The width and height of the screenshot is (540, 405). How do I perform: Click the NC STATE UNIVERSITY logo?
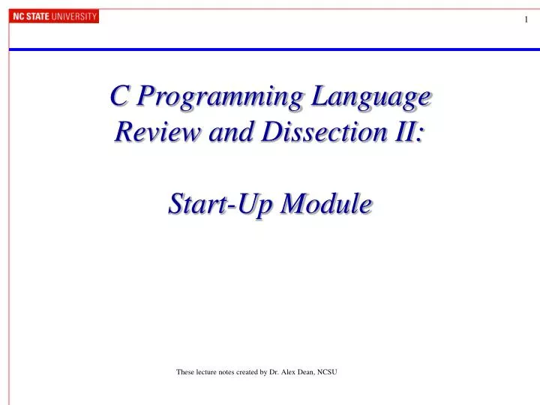[x=55, y=16]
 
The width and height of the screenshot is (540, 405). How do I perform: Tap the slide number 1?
[x=526, y=21]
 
